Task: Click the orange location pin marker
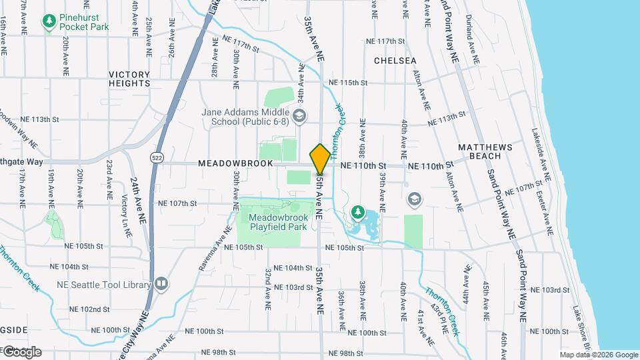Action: click(320, 159)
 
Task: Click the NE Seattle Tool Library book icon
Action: click(161, 285)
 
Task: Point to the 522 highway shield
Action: click(157, 157)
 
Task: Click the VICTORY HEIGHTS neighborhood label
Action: click(129, 79)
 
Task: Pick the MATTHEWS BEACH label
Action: click(485, 151)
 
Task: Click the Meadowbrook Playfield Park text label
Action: click(276, 222)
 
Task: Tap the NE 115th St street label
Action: click(352, 82)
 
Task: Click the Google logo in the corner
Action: click(21, 352)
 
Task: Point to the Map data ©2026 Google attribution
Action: click(598, 355)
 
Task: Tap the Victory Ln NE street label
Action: click(125, 211)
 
